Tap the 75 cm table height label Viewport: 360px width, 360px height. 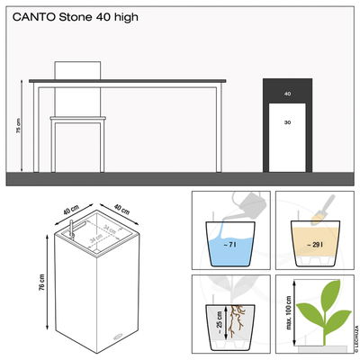[19, 126]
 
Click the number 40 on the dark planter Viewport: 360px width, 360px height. [288, 93]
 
